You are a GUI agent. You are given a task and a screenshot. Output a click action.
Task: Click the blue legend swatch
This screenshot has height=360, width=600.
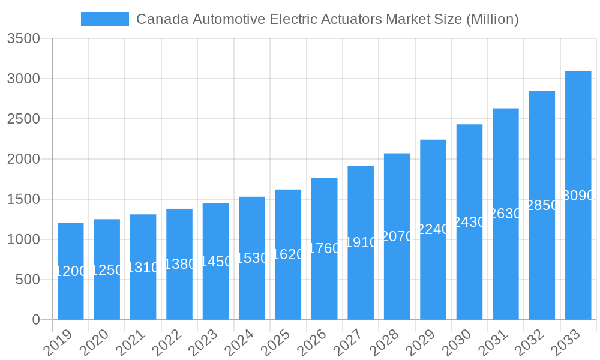pos(105,19)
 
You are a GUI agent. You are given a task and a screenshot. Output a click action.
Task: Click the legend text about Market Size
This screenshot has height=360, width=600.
pos(327,19)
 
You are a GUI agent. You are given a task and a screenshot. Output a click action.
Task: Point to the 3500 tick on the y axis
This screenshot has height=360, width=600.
pos(23,39)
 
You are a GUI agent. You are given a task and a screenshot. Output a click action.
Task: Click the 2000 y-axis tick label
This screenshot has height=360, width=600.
pos(23,159)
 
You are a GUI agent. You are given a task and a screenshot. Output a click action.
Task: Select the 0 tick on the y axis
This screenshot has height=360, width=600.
pos(36,320)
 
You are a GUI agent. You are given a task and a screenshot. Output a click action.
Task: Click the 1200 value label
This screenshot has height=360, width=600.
pos(71,271)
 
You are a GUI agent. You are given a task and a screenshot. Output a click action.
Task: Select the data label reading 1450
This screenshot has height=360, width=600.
pos(216,262)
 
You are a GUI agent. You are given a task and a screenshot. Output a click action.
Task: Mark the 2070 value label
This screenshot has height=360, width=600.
pos(397,236)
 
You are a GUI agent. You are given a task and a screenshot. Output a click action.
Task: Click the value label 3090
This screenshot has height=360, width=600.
pos(578,196)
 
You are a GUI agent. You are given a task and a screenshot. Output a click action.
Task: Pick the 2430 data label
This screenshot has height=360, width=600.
pos(469,222)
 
